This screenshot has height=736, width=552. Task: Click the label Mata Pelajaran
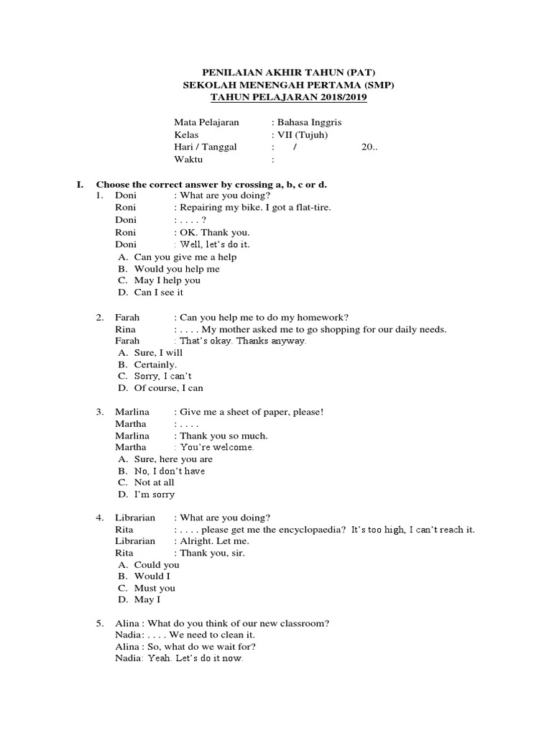[x=206, y=123]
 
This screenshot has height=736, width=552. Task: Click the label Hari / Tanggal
[x=206, y=147]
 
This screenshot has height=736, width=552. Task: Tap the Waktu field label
[x=189, y=160]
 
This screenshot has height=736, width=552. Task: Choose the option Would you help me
[x=177, y=269]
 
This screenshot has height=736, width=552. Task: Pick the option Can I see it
[x=159, y=293]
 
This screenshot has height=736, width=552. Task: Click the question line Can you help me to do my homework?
[x=264, y=317]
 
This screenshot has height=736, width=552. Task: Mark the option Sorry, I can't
[x=163, y=376]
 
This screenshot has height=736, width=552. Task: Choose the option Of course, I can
[x=169, y=388]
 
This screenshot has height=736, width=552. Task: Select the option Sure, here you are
[x=173, y=459]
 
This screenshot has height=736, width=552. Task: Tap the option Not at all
[x=155, y=483]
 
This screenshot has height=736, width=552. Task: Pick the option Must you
[x=155, y=588]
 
